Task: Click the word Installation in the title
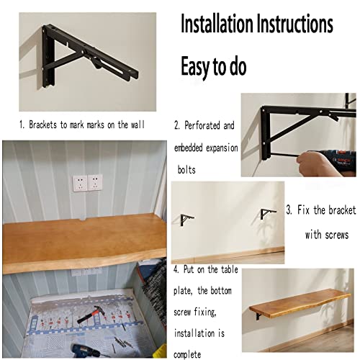[217, 23]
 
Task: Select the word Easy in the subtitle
[196, 67]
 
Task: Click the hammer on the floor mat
[91, 314]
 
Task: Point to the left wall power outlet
[80, 183]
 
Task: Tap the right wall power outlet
[95, 182]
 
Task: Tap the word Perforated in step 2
[202, 125]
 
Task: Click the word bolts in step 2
[186, 170]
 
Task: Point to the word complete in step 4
[187, 355]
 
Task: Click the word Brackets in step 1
[43, 125]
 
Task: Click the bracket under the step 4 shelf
[258, 315]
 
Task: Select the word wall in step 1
[138, 125]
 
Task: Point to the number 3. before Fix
[289, 210]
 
